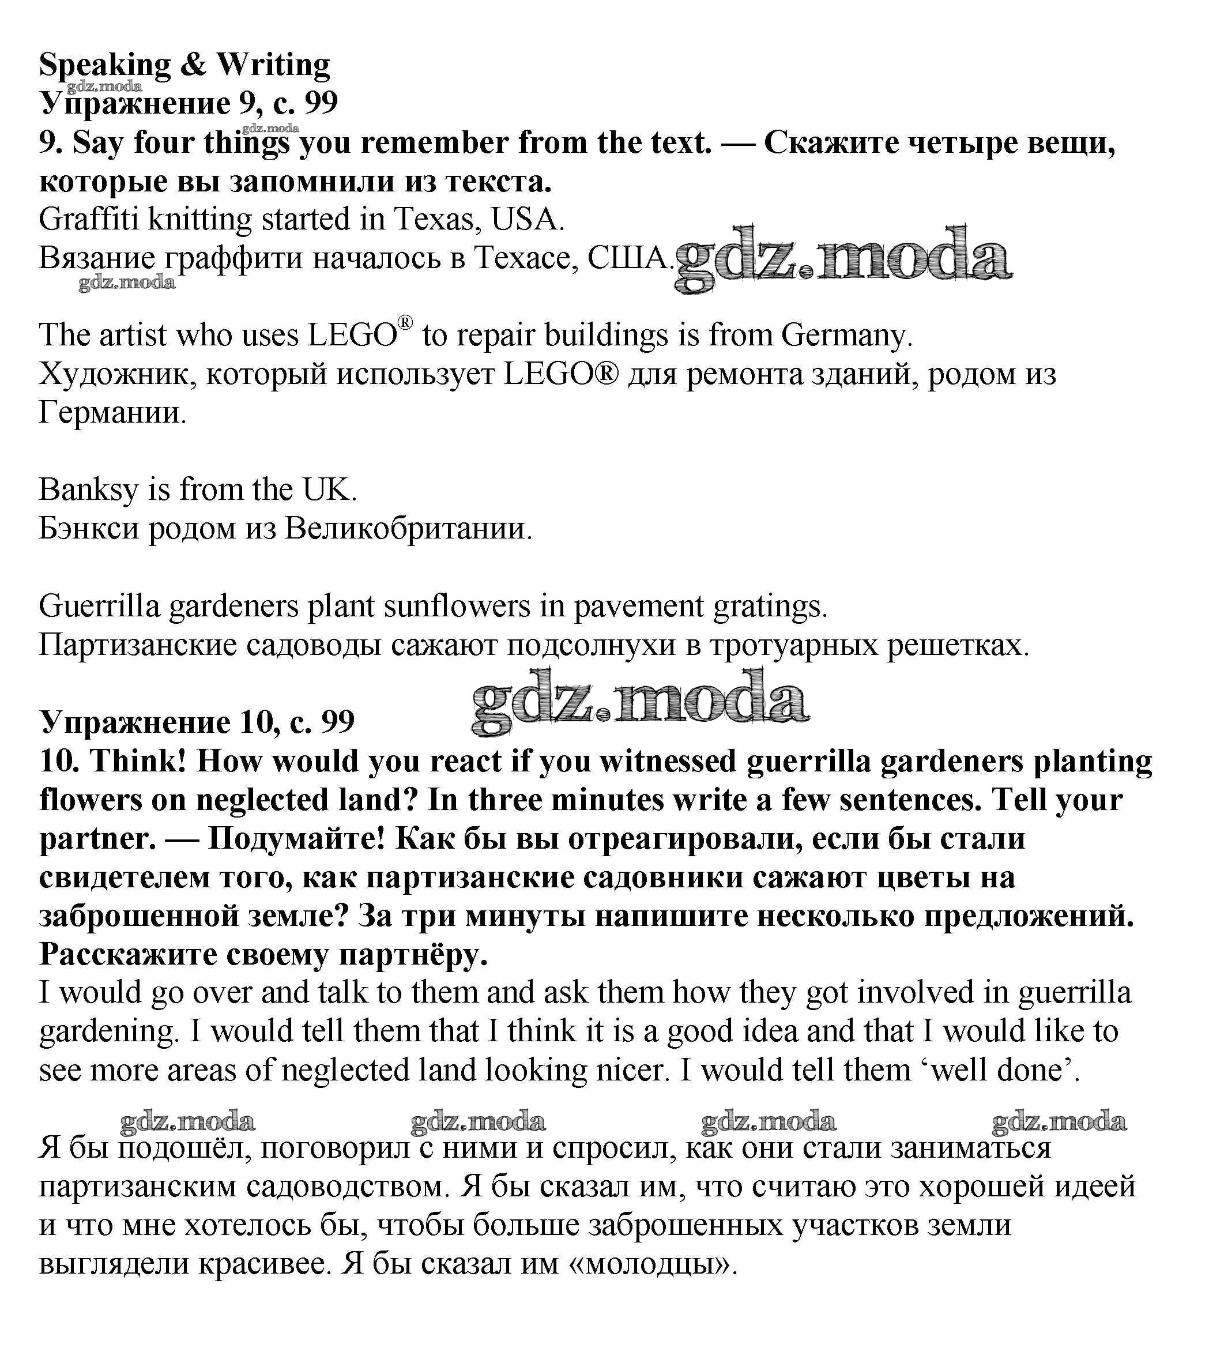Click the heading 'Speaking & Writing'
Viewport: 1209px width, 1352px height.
(184, 65)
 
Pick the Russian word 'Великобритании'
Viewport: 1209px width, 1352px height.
(407, 529)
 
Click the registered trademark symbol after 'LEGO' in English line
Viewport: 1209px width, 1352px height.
(405, 323)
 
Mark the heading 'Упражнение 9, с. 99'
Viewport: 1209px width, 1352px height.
(189, 103)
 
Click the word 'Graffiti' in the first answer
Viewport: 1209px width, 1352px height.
(88, 219)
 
